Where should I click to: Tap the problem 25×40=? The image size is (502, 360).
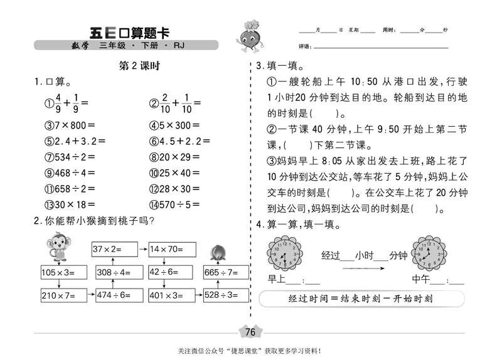pyautogui.click(x=174, y=172)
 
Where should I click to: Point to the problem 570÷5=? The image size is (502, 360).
pyautogui.click(x=174, y=204)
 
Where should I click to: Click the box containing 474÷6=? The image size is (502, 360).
pyautogui.click(x=114, y=295)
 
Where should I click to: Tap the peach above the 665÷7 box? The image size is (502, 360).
pyautogui.click(x=220, y=250)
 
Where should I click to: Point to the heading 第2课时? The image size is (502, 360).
pyautogui.click(x=136, y=67)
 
